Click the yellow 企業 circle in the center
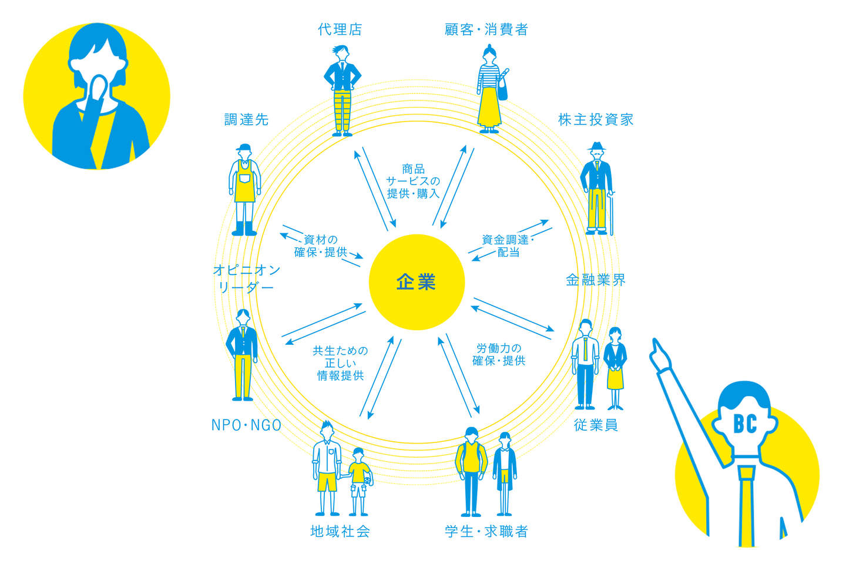417,282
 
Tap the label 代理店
340,29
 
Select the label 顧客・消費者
486,29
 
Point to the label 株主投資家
596,120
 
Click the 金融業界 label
596,280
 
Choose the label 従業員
596,425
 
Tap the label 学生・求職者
486,532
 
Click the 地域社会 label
340,532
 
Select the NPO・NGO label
246,425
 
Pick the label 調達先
246,120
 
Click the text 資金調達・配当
508,246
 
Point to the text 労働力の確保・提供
499,354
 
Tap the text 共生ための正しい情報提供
340,363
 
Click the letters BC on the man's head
744,423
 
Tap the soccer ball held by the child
368,480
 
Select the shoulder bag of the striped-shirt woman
503,87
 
